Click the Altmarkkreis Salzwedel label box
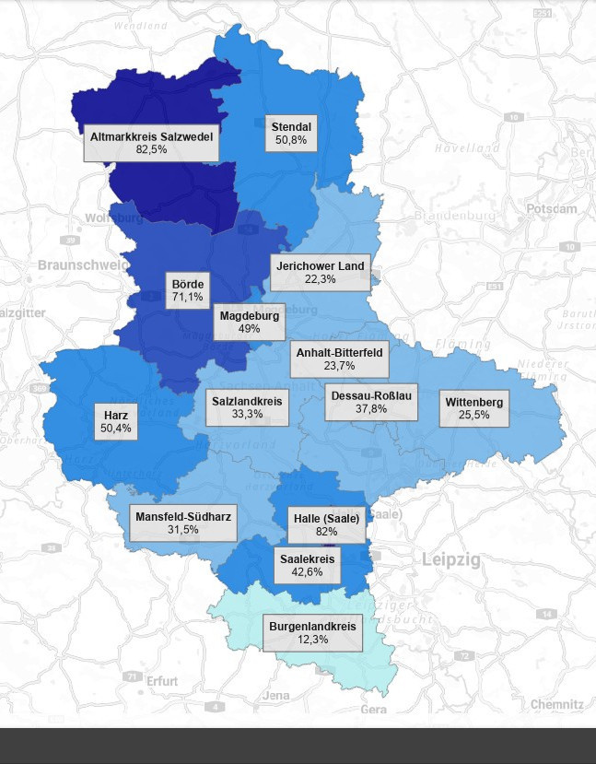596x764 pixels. (152, 142)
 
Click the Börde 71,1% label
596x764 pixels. (187, 290)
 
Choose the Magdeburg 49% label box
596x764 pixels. (249, 322)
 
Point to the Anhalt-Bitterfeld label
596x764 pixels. (339, 358)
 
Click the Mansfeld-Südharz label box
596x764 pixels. (184, 523)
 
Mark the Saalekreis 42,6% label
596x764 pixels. (307, 565)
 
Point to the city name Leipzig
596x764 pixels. (451, 559)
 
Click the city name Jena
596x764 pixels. (276, 695)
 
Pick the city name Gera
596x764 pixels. (373, 710)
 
